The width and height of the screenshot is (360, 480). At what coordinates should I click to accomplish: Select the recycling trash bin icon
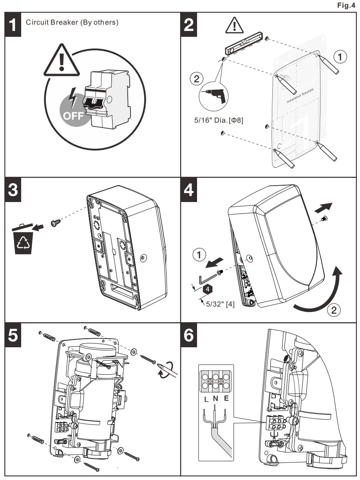23,239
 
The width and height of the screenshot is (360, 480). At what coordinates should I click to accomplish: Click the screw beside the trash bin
55,223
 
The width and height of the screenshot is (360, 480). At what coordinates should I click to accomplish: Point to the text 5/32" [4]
221,303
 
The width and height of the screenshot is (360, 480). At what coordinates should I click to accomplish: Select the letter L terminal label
206,400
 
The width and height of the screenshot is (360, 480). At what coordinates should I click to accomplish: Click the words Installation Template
300,96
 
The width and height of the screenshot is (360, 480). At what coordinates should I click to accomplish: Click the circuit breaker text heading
72,22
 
